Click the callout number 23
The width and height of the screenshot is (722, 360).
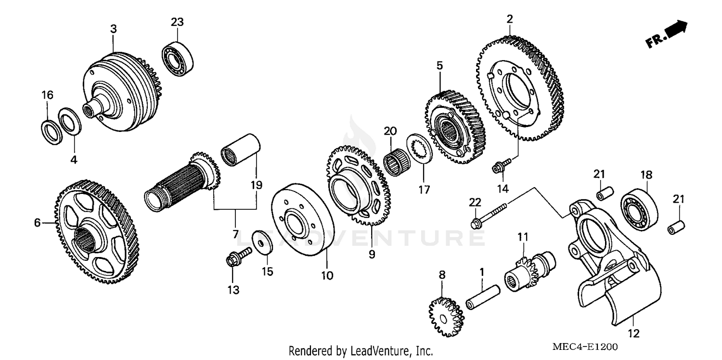tap(177, 22)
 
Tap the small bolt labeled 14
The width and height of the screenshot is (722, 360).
tap(498, 168)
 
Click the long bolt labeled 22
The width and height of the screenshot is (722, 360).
tap(489, 216)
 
